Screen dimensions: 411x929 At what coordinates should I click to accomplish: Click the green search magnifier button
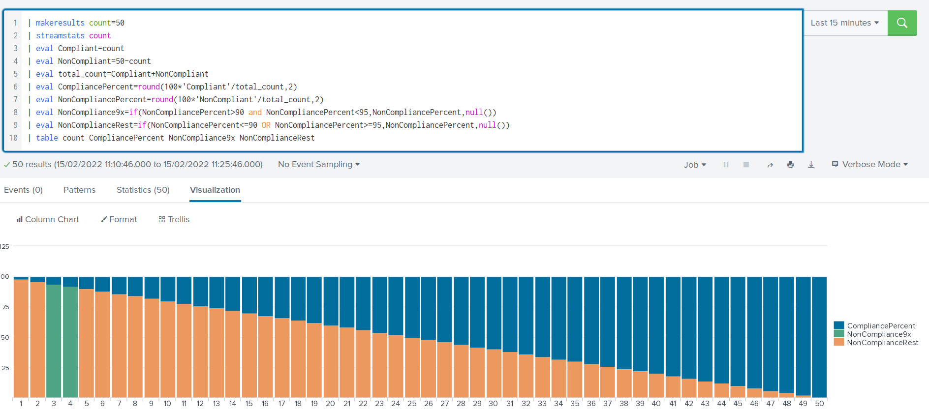pos(902,23)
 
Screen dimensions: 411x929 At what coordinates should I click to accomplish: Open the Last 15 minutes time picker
pos(844,23)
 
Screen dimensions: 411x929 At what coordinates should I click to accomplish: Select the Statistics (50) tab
pos(143,190)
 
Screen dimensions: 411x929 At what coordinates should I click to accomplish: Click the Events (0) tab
pos(23,190)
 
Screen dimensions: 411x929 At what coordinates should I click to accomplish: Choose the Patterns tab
pos(79,190)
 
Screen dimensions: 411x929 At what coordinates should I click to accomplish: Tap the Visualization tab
pos(215,190)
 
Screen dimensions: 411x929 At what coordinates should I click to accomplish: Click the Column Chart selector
pos(47,219)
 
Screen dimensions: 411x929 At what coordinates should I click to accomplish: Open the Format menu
pos(119,219)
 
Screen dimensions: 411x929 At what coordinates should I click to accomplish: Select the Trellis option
pos(174,219)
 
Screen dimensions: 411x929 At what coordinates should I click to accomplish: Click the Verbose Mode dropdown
pos(870,164)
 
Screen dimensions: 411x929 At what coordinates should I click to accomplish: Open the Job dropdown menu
pos(695,165)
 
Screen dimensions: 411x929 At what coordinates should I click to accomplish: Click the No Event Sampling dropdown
pos(318,164)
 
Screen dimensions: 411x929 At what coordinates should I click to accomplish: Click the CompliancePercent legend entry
pos(881,325)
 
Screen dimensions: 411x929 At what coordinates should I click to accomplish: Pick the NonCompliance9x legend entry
pos(879,334)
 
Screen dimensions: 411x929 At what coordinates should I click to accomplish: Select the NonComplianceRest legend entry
pos(882,342)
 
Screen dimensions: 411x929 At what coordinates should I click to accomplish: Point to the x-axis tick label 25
pos(412,403)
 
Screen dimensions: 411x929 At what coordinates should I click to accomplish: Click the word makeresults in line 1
pos(60,23)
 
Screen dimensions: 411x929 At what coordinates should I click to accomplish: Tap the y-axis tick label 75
pos(5,307)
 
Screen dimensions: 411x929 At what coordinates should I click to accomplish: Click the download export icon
pos(811,165)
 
